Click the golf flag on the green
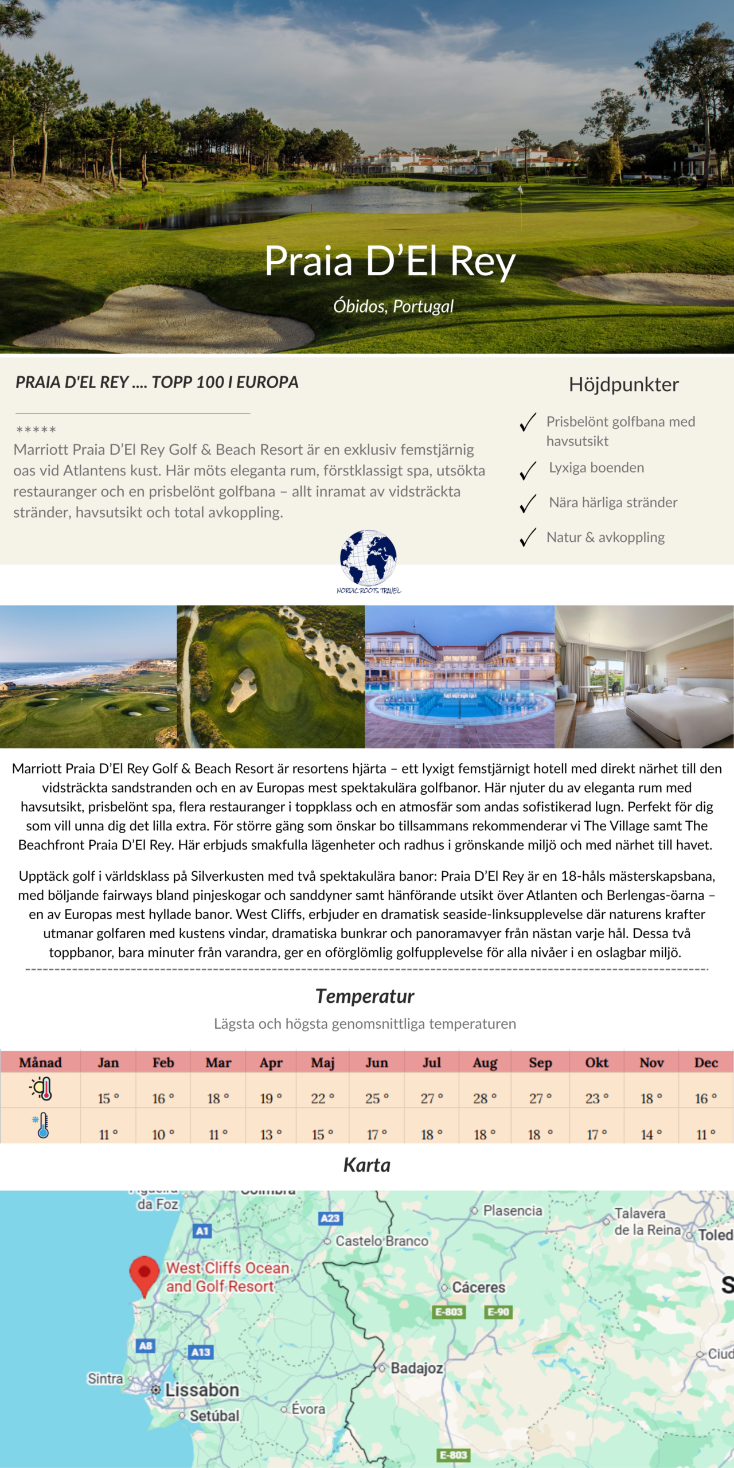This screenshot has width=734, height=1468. (x=520, y=190)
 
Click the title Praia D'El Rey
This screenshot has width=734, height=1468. (x=390, y=261)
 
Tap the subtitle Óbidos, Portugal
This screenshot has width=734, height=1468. (x=393, y=306)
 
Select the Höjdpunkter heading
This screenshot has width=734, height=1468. (x=623, y=384)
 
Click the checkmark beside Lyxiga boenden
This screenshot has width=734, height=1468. (x=528, y=470)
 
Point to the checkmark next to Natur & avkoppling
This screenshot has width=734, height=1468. (x=528, y=537)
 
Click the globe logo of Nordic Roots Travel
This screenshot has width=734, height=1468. (x=368, y=558)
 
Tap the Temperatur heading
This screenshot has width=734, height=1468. (x=365, y=996)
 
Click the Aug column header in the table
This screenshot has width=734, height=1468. (x=485, y=1063)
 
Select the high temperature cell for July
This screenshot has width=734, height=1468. (x=432, y=1098)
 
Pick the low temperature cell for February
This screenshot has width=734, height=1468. (x=163, y=1134)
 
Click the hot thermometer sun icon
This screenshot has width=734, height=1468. (x=41, y=1089)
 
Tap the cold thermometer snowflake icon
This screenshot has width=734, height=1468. (x=41, y=1126)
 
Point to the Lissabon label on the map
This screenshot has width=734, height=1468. (x=202, y=1390)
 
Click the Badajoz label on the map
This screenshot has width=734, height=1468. (x=417, y=1368)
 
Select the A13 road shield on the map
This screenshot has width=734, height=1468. (x=201, y=1352)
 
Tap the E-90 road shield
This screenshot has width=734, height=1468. (x=498, y=1312)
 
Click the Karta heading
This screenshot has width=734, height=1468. (x=367, y=1165)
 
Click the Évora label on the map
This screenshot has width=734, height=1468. (x=308, y=1409)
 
